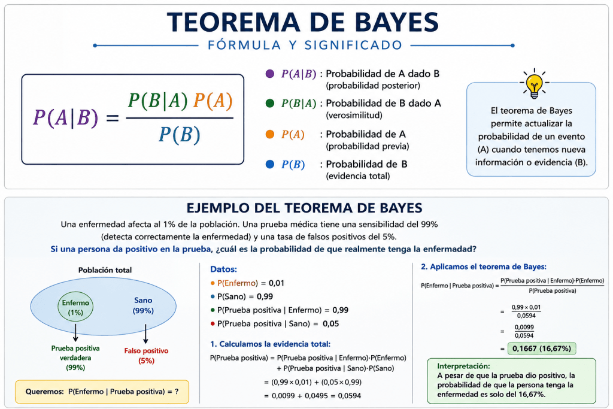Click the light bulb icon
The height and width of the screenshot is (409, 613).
point(534,84)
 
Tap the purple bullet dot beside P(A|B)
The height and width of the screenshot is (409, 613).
point(270,74)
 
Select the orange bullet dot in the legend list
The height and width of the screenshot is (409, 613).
point(270,134)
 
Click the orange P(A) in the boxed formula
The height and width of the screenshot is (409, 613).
point(213,101)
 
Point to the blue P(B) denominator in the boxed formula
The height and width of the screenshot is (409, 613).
point(180,135)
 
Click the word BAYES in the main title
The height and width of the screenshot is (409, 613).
point(396,22)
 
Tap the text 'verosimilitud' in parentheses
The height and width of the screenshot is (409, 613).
point(354,116)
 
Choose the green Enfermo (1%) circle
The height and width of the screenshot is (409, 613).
point(75,307)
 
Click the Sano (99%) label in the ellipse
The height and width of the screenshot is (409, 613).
point(143,305)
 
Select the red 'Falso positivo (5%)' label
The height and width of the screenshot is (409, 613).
point(146,356)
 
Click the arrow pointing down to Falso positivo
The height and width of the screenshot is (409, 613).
point(145,334)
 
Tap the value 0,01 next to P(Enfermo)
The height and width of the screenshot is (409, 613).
point(277,283)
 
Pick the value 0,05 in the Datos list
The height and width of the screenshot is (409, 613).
point(330,324)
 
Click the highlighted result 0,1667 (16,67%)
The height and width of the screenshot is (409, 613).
point(541,349)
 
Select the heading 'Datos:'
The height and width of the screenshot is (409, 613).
point(224,269)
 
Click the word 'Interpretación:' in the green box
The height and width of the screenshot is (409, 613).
point(463,366)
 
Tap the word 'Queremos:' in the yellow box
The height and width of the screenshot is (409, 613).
point(44,392)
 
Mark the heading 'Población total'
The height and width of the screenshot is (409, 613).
point(105,270)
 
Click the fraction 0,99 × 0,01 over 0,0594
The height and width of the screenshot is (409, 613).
point(526,311)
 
